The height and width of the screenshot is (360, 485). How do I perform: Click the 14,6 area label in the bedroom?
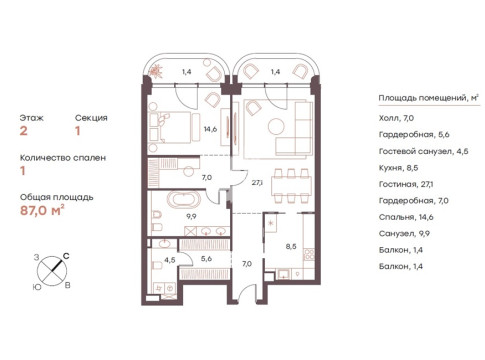point(211,129)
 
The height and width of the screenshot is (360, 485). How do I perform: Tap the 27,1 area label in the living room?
point(257,182)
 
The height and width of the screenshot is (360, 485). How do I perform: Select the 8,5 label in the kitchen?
point(291,247)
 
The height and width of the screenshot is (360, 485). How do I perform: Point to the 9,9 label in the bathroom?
point(191,216)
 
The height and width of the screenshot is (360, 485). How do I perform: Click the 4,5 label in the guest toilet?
point(170,260)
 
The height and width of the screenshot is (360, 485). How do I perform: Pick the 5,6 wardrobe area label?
point(207,258)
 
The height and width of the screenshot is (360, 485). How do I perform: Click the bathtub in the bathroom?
point(186,200)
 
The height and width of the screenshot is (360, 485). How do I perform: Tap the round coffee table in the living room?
point(276,126)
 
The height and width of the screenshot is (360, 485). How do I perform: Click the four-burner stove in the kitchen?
point(309,255)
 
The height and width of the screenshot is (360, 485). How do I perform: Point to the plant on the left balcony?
point(156,71)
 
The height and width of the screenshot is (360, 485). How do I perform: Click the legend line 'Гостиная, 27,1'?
point(406,184)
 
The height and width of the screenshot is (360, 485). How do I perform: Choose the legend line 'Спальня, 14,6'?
point(406,217)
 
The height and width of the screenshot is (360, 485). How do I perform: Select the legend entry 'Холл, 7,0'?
point(396,118)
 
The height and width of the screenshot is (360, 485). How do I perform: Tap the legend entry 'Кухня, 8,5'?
point(398,168)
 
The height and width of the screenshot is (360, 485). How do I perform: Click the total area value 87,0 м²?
point(42,211)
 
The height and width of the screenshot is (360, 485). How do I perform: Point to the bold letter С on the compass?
point(66,256)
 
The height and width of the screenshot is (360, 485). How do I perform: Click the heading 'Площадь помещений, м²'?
point(429,98)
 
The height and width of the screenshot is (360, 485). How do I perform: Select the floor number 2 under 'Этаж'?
point(23,131)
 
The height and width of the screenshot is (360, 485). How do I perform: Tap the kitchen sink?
point(284,275)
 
